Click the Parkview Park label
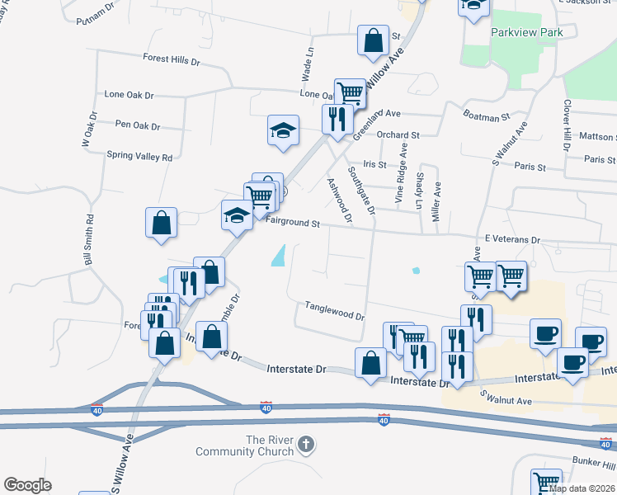point(526,32)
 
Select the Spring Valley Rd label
point(139,156)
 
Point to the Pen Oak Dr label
point(138,126)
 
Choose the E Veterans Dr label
point(511,239)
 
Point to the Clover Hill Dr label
point(567,125)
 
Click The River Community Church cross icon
point(306,445)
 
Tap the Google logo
point(27,485)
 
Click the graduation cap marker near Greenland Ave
point(283,130)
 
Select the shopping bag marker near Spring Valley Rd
point(161,223)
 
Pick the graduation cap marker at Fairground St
point(237,215)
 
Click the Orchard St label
point(398,134)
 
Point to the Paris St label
point(530,167)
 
